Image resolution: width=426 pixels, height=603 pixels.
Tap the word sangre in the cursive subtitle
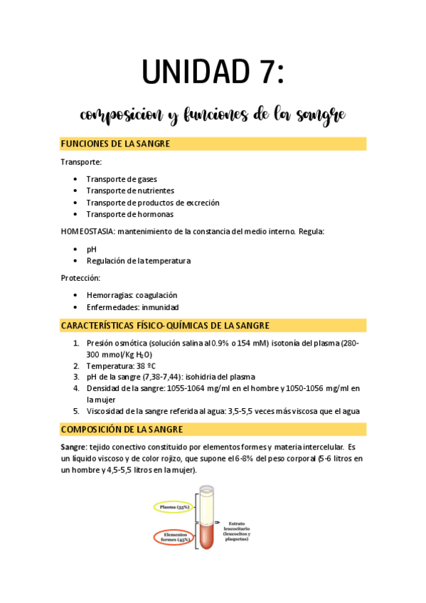click(x=321, y=114)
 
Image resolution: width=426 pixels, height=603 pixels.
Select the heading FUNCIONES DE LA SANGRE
click(x=115, y=144)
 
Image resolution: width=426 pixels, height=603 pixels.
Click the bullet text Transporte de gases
click(x=122, y=179)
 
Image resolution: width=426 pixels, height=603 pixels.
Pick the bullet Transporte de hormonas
click(x=129, y=214)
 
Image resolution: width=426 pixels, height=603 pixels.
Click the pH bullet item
click(x=91, y=249)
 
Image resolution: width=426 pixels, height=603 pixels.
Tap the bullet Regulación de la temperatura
click(x=138, y=260)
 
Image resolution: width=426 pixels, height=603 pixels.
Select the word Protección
click(x=80, y=277)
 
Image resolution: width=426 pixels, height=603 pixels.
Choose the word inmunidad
click(x=160, y=307)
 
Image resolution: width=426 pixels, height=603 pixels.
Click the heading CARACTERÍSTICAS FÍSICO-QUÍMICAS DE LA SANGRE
click(x=165, y=326)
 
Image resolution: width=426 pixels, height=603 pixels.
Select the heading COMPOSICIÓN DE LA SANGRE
click(x=122, y=429)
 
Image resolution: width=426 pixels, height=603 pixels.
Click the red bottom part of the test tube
click(x=206, y=537)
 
